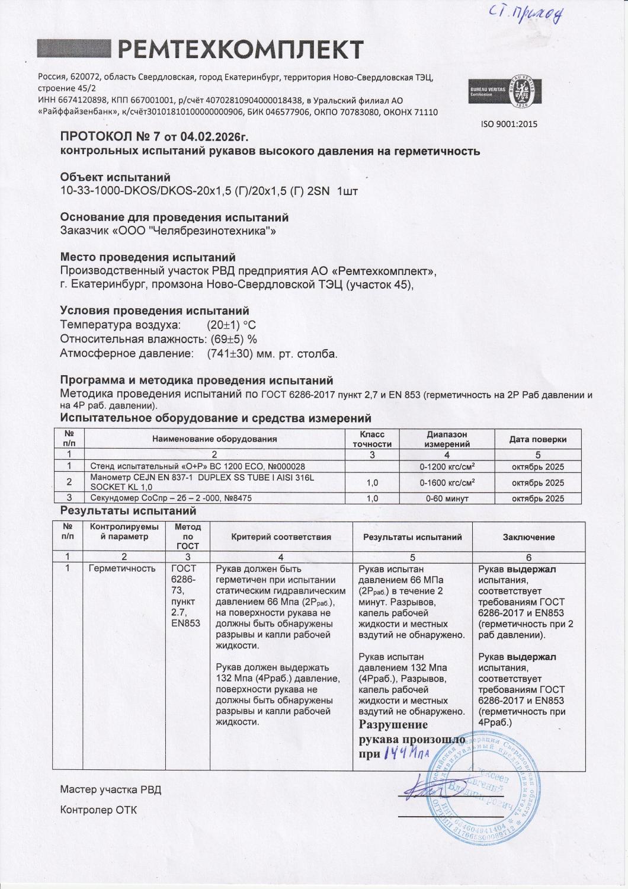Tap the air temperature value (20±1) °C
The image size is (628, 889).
[x=230, y=325]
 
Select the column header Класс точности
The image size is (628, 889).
[x=372, y=439]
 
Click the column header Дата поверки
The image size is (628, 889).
[x=537, y=439]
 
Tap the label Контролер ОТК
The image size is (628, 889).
[x=98, y=810]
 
